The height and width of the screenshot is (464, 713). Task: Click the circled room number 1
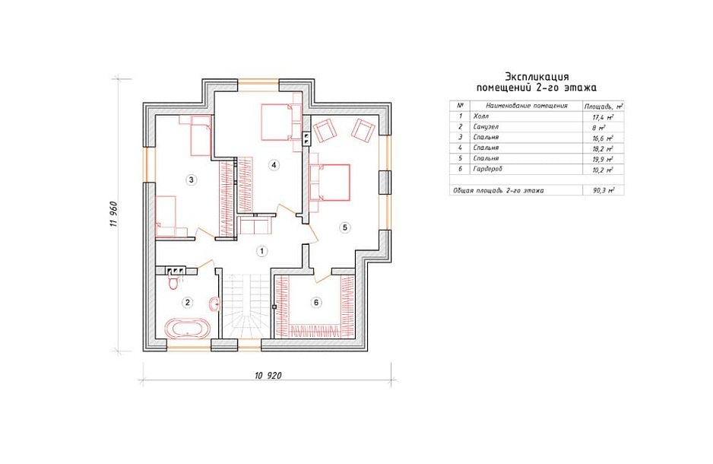tap(261, 251)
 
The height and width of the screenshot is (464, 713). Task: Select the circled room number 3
tap(191, 180)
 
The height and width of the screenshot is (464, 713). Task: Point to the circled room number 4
tap(274, 164)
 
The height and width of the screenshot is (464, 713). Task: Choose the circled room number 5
tap(344, 227)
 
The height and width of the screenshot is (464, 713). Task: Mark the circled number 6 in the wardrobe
tap(316, 303)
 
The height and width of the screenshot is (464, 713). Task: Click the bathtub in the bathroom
tap(187, 328)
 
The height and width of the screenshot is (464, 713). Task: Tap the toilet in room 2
tap(173, 282)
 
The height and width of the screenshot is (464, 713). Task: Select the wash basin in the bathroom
tap(214, 304)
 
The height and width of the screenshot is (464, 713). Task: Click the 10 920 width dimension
tap(268, 376)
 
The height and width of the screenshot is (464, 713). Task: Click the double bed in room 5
tap(330, 183)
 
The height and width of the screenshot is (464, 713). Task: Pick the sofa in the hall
tap(255, 226)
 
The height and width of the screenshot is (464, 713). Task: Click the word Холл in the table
tap(480, 116)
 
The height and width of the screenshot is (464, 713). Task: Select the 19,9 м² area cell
tap(604, 159)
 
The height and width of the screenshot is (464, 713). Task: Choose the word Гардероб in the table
tap(487, 169)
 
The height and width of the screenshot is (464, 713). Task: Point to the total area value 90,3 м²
tap(604, 191)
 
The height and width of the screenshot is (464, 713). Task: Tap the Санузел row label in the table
tap(486, 127)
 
